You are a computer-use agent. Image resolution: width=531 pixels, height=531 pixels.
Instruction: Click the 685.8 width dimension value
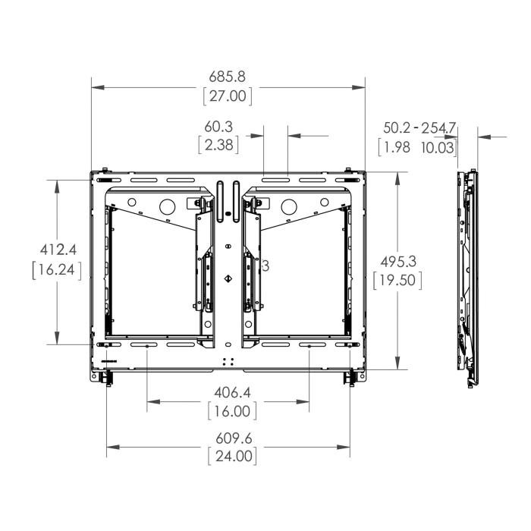coord(228,77)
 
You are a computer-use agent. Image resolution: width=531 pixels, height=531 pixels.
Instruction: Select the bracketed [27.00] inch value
coord(228,96)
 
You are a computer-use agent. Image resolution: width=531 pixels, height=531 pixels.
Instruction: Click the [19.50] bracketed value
coord(397,280)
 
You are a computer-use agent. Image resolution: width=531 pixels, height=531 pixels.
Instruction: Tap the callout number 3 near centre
coord(265,265)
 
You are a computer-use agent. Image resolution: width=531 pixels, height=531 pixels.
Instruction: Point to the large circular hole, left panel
coord(165,206)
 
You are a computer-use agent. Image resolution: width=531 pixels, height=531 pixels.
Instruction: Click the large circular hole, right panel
coord(289,206)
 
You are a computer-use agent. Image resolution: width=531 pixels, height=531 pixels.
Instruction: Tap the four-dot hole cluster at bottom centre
coord(228,362)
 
